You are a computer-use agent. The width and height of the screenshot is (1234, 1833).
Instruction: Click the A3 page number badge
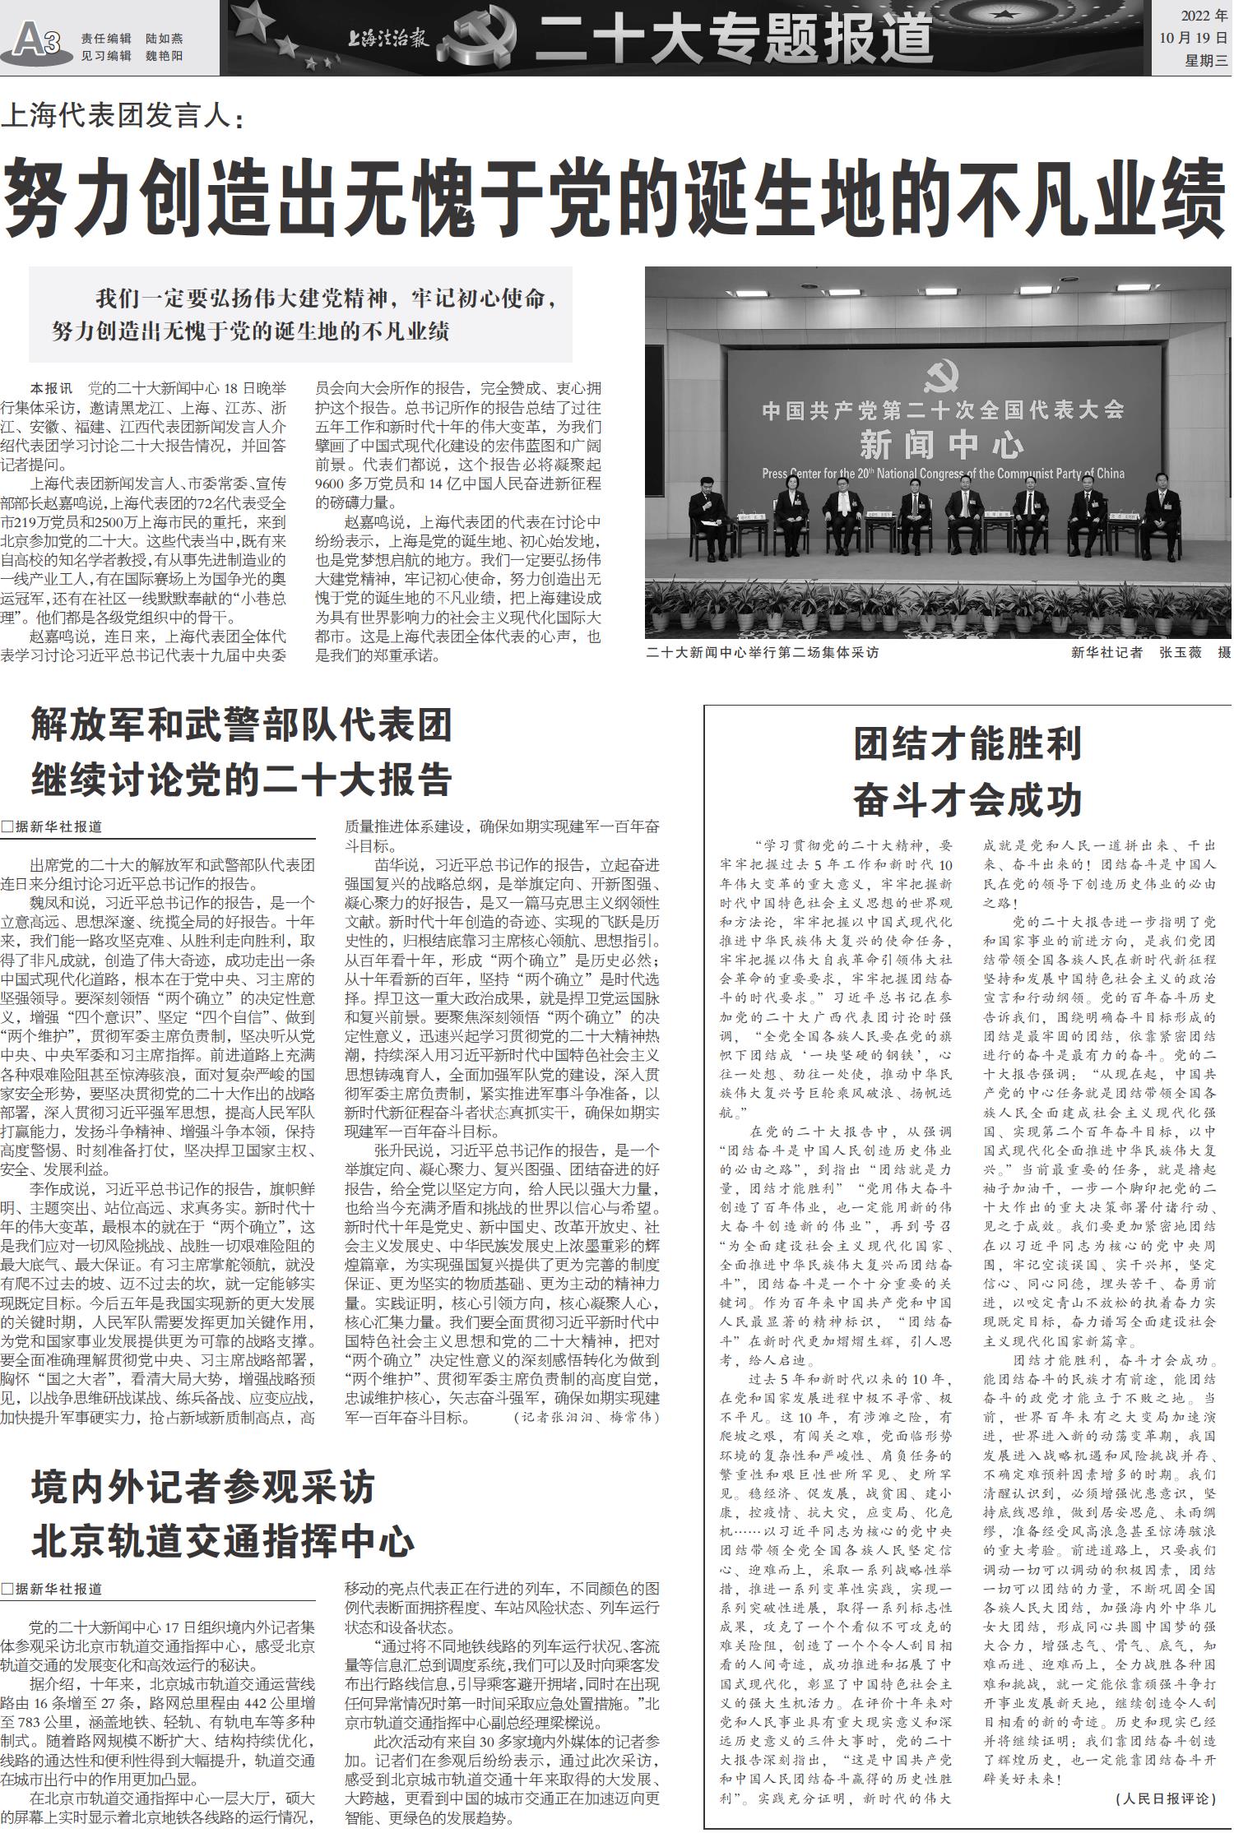click(x=35, y=39)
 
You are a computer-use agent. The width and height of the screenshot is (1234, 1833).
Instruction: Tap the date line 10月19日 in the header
click(x=1193, y=38)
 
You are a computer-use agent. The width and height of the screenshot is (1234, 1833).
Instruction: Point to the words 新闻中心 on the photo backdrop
click(x=941, y=445)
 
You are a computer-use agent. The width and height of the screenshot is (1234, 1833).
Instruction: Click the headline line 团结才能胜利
click(x=967, y=743)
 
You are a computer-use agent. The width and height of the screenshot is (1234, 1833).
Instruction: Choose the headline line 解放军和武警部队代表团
click(x=242, y=724)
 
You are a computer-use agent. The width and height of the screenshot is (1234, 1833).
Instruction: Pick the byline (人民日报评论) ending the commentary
click(x=1166, y=1798)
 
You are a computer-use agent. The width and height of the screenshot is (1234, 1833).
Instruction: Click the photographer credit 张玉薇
click(x=1181, y=652)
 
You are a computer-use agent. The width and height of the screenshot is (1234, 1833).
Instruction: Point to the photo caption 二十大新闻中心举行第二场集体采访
click(x=763, y=652)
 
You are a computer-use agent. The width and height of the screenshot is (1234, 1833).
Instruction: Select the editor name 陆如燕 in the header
click(x=165, y=39)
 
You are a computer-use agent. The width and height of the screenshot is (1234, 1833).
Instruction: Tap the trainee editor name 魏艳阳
click(x=165, y=56)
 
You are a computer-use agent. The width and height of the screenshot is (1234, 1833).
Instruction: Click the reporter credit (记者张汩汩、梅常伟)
click(x=587, y=1417)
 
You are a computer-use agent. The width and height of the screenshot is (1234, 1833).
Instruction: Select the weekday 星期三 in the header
click(x=1206, y=60)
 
